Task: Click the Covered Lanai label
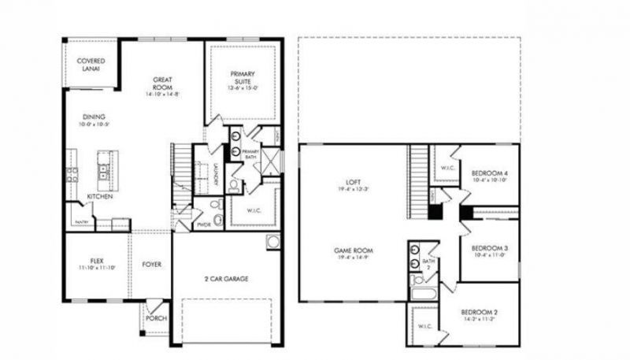pos(91,65)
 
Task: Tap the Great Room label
pos(163,83)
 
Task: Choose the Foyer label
pos(152,265)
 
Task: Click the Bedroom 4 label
pos(488,173)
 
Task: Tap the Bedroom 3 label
pos(489,249)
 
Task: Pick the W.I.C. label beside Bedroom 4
pos(446,167)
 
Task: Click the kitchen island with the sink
pos(103,165)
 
